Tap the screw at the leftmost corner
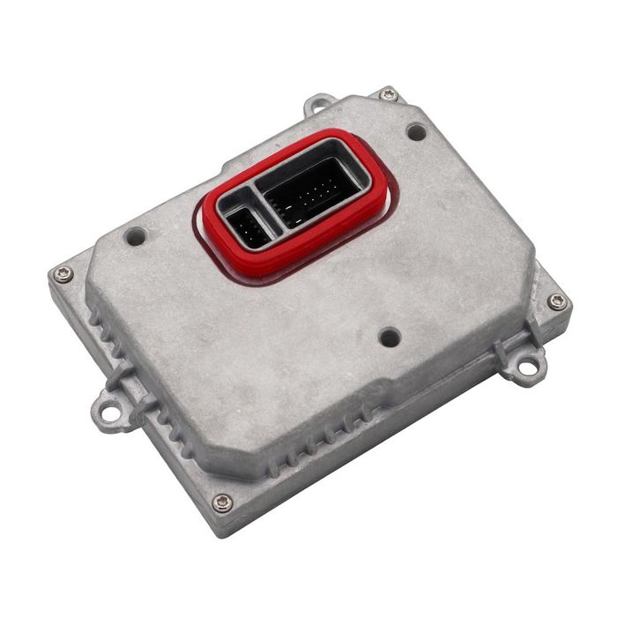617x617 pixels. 62,274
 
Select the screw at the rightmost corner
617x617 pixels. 556,301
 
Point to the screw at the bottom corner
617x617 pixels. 222,503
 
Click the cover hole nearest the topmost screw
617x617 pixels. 416,132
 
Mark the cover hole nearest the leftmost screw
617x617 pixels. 135,236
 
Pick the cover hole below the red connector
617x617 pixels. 389,337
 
